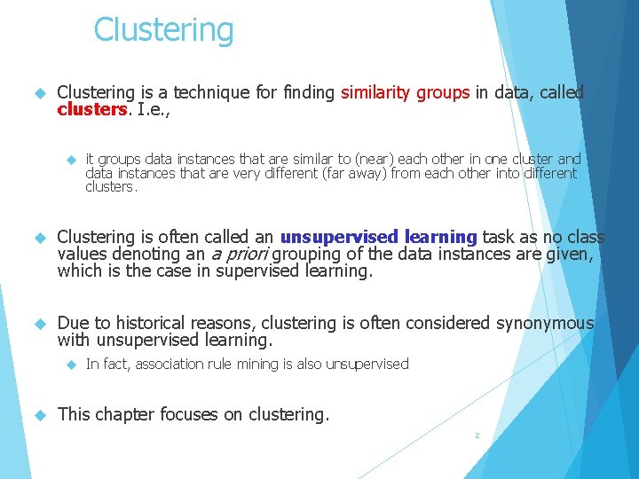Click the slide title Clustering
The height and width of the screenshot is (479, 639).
[x=163, y=30]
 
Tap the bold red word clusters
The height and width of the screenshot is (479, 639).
[x=91, y=110]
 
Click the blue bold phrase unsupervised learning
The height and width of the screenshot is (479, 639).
[x=379, y=237]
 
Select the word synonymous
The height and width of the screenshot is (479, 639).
[x=545, y=323]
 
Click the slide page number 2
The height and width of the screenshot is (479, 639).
[x=477, y=436]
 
